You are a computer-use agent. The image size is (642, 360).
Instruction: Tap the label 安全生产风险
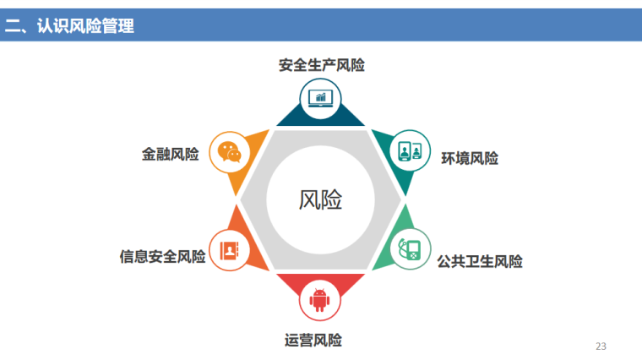pyautogui.click(x=321, y=65)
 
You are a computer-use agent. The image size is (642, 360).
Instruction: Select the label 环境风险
pyautogui.click(x=469, y=158)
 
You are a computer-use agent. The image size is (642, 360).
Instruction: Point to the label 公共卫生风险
pyautogui.click(x=479, y=261)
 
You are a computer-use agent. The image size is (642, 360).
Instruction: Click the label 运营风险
pyautogui.click(x=313, y=340)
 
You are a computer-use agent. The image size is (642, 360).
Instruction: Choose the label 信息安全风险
pyautogui.click(x=163, y=256)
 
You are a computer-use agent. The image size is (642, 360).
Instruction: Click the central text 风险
pyautogui.click(x=321, y=200)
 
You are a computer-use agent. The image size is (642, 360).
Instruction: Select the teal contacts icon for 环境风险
pyautogui.click(x=411, y=151)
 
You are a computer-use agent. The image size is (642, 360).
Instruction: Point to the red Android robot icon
pyautogui.click(x=319, y=300)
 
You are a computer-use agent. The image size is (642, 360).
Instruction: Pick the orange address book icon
pyautogui.click(x=229, y=250)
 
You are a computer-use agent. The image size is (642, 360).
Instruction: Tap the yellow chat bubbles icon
pyautogui.click(x=229, y=151)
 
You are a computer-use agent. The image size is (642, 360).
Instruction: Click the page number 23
pyautogui.click(x=601, y=346)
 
